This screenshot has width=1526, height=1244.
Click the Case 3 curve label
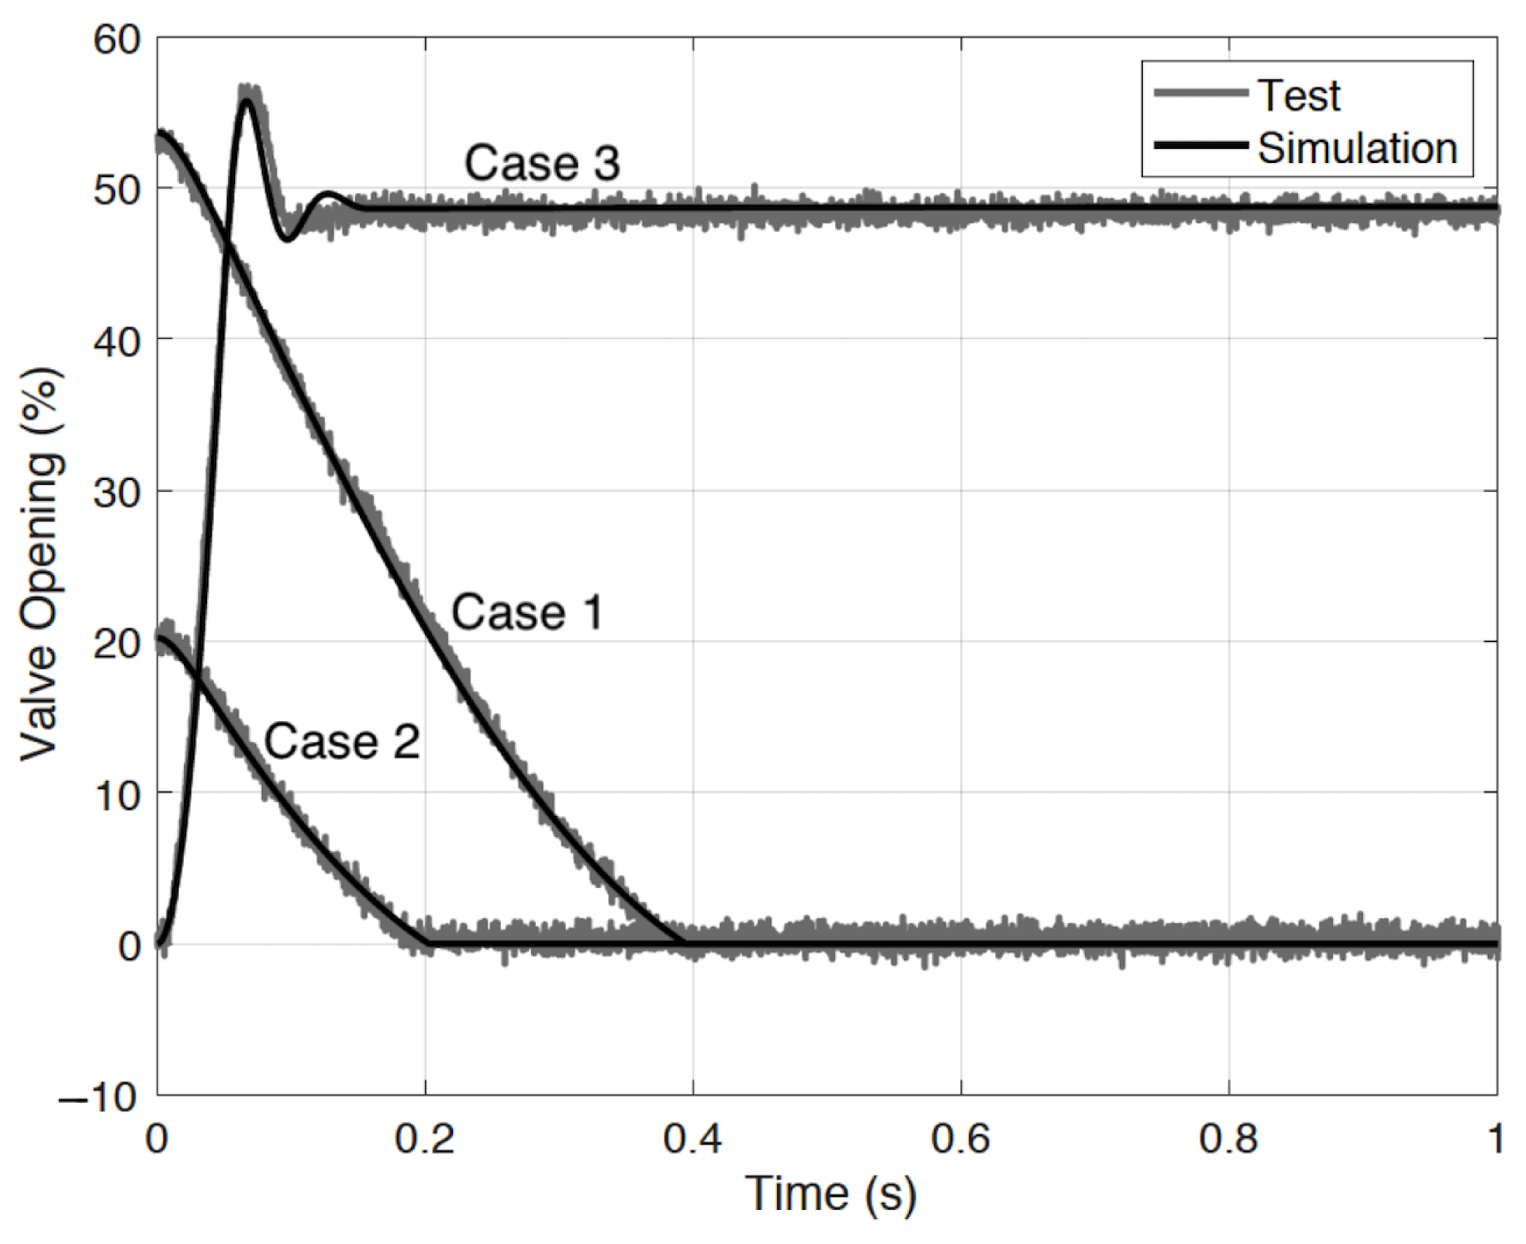(x=541, y=164)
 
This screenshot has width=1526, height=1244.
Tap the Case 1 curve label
(x=527, y=613)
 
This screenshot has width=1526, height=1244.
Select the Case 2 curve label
(x=342, y=741)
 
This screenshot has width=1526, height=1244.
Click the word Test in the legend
(x=1298, y=96)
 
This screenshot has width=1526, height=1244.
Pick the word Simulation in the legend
(x=1357, y=148)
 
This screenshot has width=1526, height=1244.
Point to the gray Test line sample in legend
(x=1200, y=94)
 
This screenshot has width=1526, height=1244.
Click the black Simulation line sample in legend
(x=1200, y=146)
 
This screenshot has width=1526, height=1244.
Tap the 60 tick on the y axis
(x=117, y=39)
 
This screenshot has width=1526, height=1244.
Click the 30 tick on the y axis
(x=117, y=492)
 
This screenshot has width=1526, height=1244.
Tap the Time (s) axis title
(x=830, y=1194)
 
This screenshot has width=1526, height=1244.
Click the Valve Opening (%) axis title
(x=40, y=565)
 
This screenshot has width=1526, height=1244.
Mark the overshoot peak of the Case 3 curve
(x=247, y=100)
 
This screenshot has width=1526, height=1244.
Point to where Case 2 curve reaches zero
(x=427, y=943)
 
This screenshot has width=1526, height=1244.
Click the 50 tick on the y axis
(x=117, y=190)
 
